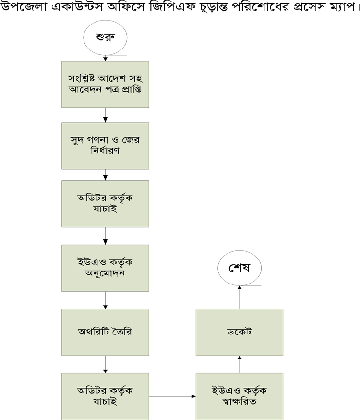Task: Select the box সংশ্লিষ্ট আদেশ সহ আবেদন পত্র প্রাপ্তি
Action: pyautogui.click(x=105, y=84)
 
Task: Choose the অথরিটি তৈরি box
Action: pyautogui.click(x=105, y=332)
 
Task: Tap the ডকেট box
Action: pyautogui.click(x=239, y=332)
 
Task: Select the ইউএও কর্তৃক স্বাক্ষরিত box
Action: pyautogui.click(x=239, y=396)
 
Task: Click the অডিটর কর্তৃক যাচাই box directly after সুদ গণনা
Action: pyautogui.click(x=105, y=204)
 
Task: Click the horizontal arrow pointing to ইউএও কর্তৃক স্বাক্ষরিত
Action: pyautogui.click(x=173, y=397)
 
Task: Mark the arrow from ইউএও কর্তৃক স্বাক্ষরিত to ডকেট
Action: pyautogui.click(x=240, y=364)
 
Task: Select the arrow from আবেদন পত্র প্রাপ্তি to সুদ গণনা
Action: pyautogui.click(x=105, y=115)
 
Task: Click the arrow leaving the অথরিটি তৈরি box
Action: pyautogui.click(x=105, y=365)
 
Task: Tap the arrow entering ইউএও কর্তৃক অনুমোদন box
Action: pyautogui.click(x=105, y=235)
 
